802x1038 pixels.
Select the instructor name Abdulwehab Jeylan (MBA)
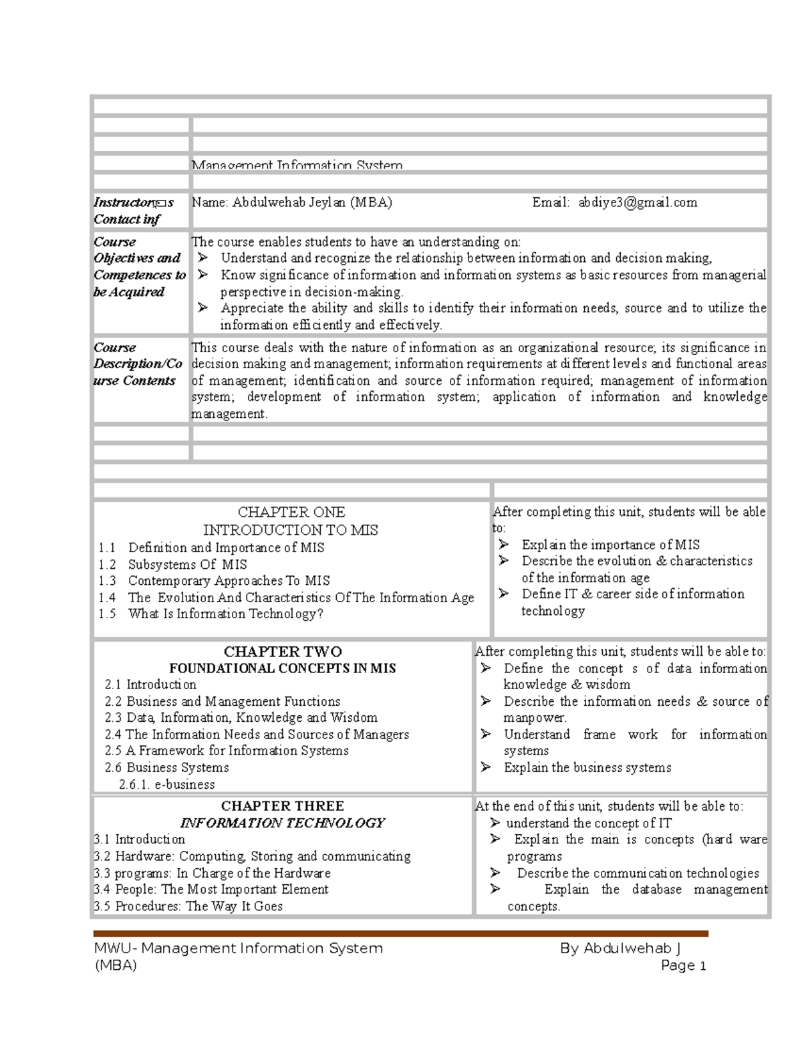coord(292,203)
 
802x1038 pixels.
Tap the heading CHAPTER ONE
coord(291,513)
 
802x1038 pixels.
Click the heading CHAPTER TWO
coord(283,652)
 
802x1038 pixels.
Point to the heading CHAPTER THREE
coord(283,806)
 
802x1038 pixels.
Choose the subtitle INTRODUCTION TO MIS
coord(291,530)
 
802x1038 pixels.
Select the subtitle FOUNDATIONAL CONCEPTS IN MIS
coord(283,668)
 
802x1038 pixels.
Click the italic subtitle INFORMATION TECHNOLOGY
coord(283,823)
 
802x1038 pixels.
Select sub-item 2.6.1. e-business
coord(167,784)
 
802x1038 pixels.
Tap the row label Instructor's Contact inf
coord(134,211)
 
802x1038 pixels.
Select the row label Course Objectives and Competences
coord(140,267)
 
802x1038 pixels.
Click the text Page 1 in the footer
coord(683,965)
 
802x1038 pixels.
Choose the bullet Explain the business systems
coord(587,767)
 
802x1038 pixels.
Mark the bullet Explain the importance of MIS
coord(611,545)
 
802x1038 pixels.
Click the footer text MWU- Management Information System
coord(239,948)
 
